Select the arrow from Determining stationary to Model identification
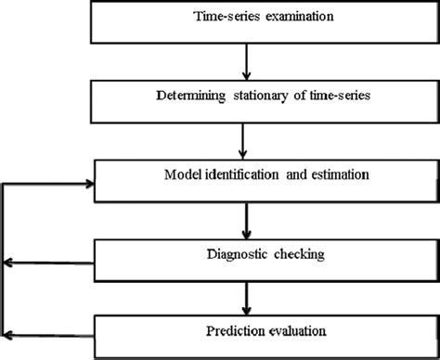tap(245, 138)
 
